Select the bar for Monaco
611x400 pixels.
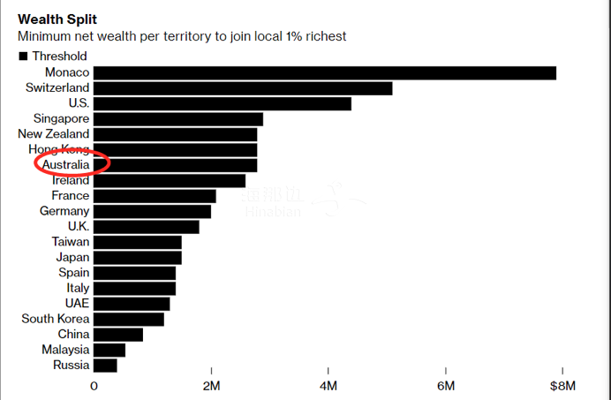coord(325,72)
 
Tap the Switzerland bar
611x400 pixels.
coord(243,88)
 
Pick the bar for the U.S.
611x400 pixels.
coord(223,103)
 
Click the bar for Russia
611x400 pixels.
coord(105,365)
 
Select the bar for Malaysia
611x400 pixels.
coord(109,350)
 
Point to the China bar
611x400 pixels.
coord(118,335)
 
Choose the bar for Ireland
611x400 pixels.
coord(170,180)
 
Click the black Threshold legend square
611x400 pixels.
coord(23,57)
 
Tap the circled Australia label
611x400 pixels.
coord(60,164)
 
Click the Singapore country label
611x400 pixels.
coord(61,118)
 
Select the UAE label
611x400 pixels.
coord(77,304)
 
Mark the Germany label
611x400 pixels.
coord(64,211)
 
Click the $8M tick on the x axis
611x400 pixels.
coord(562,386)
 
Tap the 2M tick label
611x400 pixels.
coord(211,386)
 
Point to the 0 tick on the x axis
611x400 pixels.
coord(94,386)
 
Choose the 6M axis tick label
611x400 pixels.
coord(446,386)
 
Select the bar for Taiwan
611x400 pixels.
coord(137,242)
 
